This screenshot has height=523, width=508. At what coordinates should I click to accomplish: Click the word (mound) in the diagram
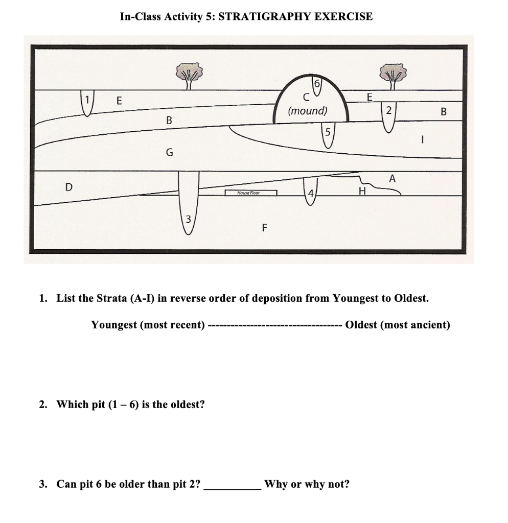(308, 111)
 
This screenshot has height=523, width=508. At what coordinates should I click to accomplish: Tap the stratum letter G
(170, 152)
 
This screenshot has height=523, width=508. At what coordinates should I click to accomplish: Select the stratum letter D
(68, 187)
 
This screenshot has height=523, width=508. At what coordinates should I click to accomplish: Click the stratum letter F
(264, 228)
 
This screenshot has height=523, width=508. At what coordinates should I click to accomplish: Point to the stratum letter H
(363, 192)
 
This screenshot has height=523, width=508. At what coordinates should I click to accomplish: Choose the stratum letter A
(392, 179)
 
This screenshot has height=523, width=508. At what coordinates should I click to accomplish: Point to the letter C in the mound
(307, 97)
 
